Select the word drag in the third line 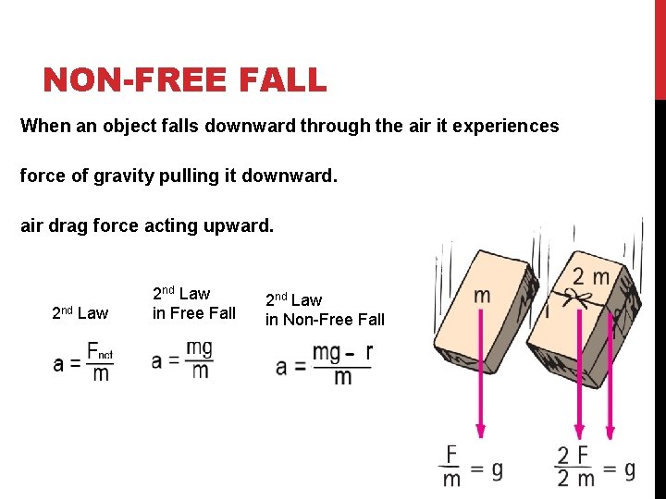[68, 225]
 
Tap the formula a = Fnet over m [82, 362]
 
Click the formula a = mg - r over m [324, 364]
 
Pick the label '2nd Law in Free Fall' [194, 303]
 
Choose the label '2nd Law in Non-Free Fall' [325, 310]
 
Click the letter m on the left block [481, 296]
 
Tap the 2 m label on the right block [590, 275]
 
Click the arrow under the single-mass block [480, 379]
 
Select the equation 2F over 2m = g [595, 468]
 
